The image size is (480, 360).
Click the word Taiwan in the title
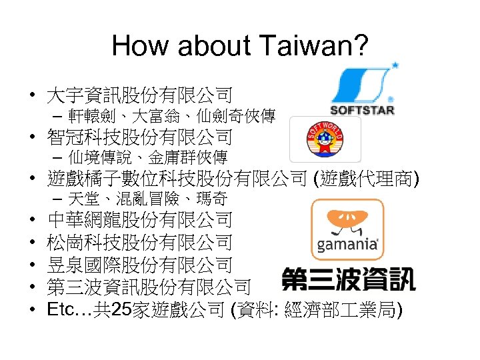pyautogui.click(x=315, y=46)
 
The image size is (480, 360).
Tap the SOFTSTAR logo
pyautogui.click(x=363, y=89)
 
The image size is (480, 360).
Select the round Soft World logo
pyautogui.click(x=325, y=139)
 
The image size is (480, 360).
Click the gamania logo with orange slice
pyautogui.click(x=347, y=229)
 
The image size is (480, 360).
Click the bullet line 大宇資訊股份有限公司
pyautogui.click(x=139, y=95)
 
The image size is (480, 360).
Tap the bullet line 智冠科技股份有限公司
pyautogui.click(x=139, y=137)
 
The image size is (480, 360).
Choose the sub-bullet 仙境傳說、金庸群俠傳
pyautogui.click(x=147, y=157)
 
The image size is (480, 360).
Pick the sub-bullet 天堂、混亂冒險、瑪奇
pyautogui.click(x=147, y=199)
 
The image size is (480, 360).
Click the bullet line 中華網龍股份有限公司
pyautogui.click(x=139, y=219)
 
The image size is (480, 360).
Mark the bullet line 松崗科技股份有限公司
pyautogui.click(x=139, y=242)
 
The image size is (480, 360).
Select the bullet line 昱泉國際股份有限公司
pyautogui.click(x=139, y=265)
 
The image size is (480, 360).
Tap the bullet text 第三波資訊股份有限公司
pyautogui.click(x=149, y=287)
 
